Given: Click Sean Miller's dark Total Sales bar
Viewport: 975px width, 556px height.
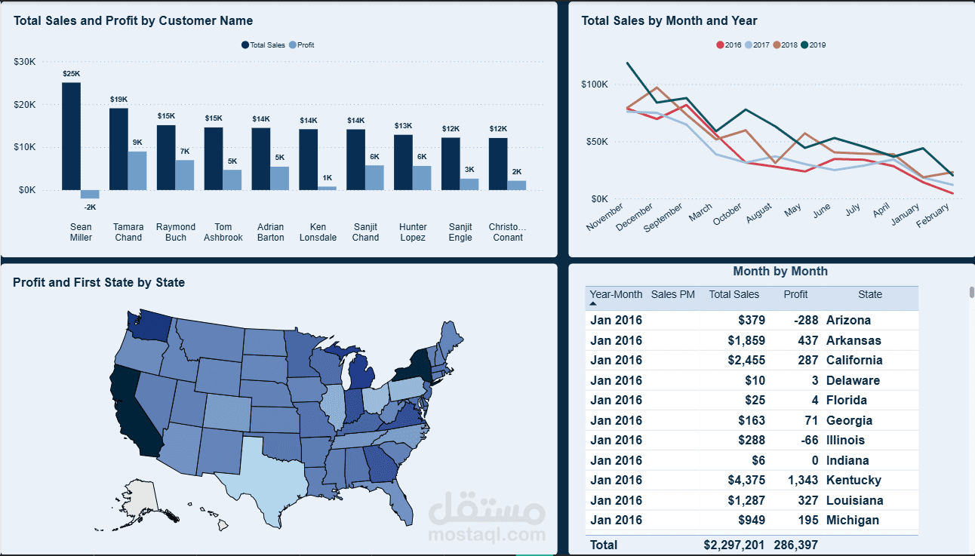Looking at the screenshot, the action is [71, 137].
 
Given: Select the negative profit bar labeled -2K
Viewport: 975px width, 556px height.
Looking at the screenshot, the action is [90, 194].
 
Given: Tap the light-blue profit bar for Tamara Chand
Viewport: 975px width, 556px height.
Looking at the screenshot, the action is [137, 170].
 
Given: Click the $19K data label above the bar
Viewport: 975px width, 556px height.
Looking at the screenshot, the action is [118, 99].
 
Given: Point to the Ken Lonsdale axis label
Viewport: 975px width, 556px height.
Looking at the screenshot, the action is [318, 232].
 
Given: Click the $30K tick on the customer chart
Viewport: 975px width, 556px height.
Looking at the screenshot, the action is [25, 61].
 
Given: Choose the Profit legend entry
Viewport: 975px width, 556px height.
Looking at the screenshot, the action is [302, 45].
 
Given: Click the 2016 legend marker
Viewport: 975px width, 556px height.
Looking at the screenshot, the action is [720, 45].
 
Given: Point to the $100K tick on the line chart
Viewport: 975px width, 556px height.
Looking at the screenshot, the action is [595, 84].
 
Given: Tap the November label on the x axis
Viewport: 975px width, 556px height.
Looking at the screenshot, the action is [605, 217].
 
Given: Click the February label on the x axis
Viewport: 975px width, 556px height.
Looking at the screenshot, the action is [933, 215].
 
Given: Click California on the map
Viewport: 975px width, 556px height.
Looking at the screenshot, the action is [135, 413].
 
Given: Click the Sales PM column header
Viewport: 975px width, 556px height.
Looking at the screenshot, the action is [673, 294].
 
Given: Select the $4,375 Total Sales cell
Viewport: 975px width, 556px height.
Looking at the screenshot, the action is [746, 481].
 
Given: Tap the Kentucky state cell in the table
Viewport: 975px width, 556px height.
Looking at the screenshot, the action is [854, 481].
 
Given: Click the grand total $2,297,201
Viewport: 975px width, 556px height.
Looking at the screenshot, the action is [734, 545].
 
